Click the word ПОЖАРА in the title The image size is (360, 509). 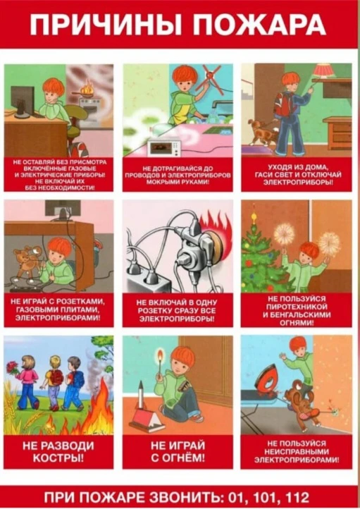click(261, 25)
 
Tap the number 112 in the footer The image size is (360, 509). click(297, 497)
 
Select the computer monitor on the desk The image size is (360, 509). click(22, 100)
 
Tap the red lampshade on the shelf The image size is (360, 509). click(325, 70)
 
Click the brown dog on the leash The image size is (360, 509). click(262, 132)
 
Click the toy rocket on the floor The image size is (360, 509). click(142, 394)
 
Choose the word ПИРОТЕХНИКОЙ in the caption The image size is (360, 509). click(297, 307)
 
